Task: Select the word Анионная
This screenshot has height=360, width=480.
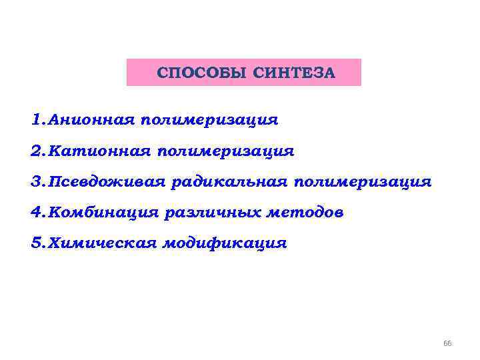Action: pos(89,121)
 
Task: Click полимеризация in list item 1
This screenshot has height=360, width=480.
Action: pos(209,121)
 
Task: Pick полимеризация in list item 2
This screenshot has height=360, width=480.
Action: pos(225,151)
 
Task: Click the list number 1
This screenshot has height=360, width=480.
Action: pos(35,121)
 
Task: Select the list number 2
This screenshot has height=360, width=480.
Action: pos(35,151)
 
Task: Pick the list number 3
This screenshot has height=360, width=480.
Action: pos(35,182)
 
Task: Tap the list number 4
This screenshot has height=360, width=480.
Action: pos(35,213)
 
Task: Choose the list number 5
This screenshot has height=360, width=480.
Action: pos(35,243)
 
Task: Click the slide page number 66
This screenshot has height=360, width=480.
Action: pos(447,343)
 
